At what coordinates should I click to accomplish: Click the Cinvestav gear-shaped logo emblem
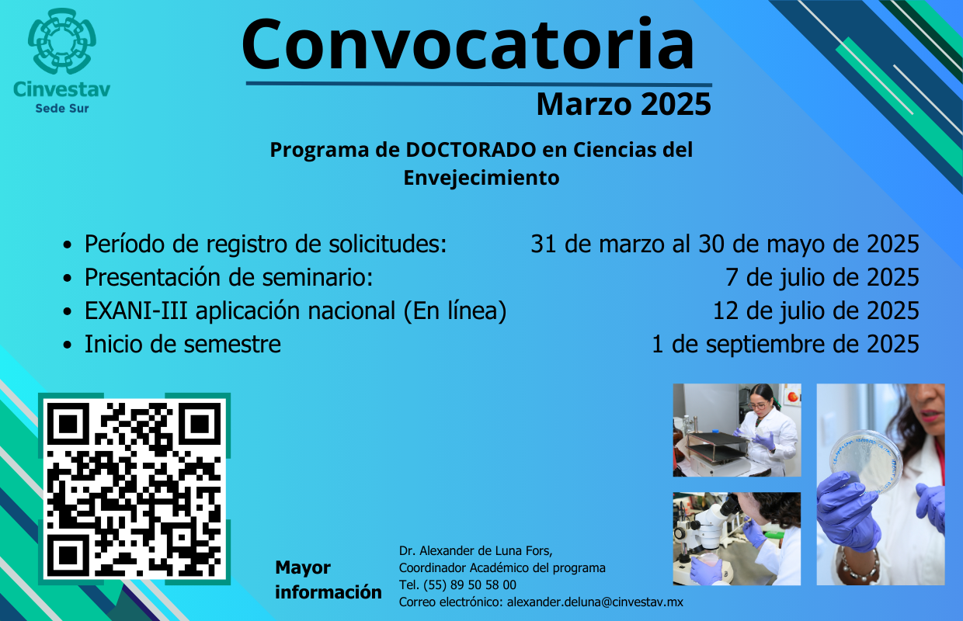pos(62,41)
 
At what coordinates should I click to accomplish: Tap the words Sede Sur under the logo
pos(62,109)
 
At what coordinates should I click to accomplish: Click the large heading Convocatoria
pos(468,45)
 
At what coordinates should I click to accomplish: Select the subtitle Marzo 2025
pos(624,104)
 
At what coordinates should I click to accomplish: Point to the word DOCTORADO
pos(471,150)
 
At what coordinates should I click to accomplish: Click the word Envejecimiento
pos(481,178)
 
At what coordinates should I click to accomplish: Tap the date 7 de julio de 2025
pos(822,277)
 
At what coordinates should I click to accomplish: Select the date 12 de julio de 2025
pos(816,310)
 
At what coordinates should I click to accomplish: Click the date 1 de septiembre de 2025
pos(785,344)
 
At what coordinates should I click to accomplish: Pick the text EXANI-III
pos(136,310)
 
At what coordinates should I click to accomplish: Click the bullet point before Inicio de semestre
pos(67,345)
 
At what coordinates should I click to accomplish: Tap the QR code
pos(134,489)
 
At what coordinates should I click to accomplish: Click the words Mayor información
pos(328,580)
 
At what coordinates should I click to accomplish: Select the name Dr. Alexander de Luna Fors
pos(475,550)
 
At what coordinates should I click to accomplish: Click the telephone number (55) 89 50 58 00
pos(469,585)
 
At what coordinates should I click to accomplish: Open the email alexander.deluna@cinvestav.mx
pos(595,602)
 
